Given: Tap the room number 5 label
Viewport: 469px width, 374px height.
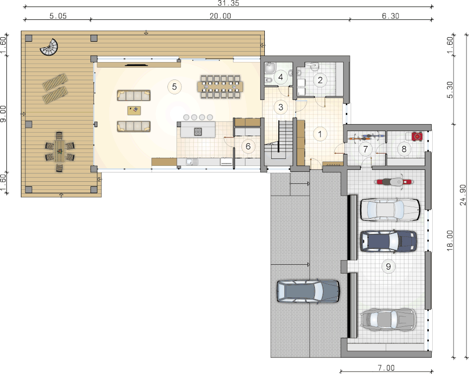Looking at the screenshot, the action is [174, 87].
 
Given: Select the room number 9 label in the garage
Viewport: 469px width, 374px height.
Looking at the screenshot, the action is [388, 266].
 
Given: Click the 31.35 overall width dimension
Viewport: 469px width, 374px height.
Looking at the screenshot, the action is [229, 3].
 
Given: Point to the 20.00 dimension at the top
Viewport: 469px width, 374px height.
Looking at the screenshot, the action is [220, 16].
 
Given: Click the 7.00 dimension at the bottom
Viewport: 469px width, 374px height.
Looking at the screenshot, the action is [386, 368].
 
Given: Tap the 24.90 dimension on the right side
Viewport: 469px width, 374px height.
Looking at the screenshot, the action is [463, 195].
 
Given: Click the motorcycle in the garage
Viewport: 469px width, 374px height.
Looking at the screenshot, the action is [394, 182].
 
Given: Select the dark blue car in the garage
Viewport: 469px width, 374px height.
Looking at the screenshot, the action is [388, 241].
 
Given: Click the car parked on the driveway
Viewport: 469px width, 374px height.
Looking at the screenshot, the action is [308, 292].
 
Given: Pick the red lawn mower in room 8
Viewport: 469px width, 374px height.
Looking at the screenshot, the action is [417, 137].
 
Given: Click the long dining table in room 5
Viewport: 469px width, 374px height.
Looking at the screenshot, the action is [220, 87].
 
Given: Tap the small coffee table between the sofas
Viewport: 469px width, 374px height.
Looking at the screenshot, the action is [134, 110].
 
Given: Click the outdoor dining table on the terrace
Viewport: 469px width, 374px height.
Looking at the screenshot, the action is [60, 151].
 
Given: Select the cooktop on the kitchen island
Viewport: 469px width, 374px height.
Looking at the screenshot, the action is [198, 132].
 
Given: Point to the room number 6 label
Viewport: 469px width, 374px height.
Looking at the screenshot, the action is [248, 146].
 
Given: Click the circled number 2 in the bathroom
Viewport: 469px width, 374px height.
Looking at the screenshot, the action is [320, 80].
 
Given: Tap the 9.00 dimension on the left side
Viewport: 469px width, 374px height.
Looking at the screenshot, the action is [3, 113].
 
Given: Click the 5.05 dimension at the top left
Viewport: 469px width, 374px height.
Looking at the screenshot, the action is [58, 16].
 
